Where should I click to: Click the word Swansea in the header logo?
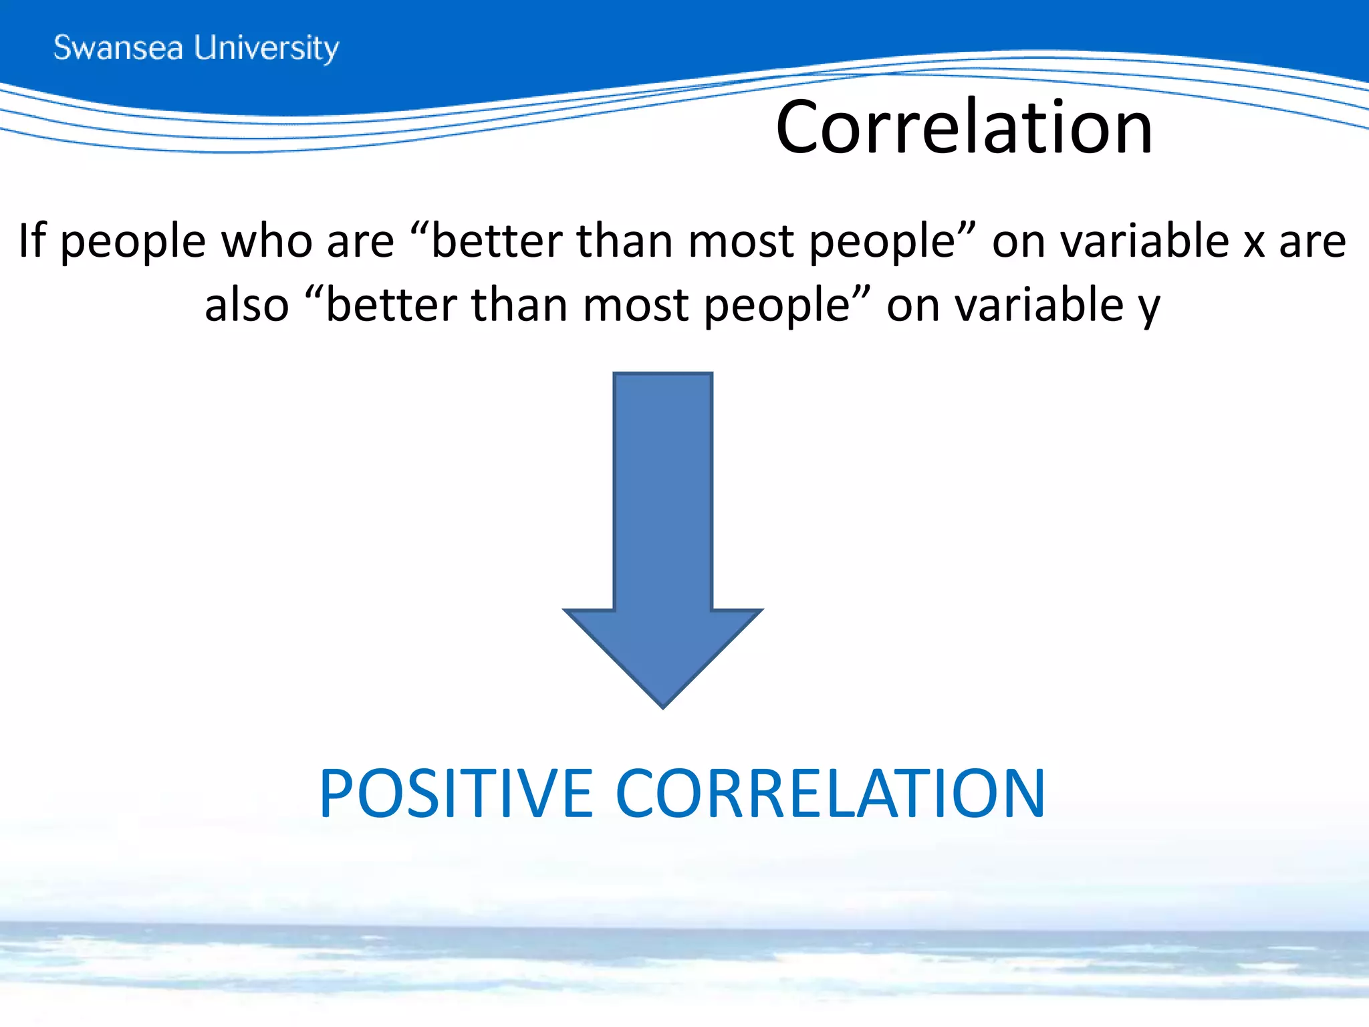pyautogui.click(x=118, y=48)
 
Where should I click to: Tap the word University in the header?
pyautogui.click(x=266, y=48)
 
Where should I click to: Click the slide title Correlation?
pyautogui.click(x=964, y=127)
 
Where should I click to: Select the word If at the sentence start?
pyautogui.click(x=32, y=241)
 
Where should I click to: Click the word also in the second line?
pyautogui.click(x=247, y=305)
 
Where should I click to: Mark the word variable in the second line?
pyautogui.click(x=1039, y=305)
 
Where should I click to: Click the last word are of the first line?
pyautogui.click(x=1312, y=242)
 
